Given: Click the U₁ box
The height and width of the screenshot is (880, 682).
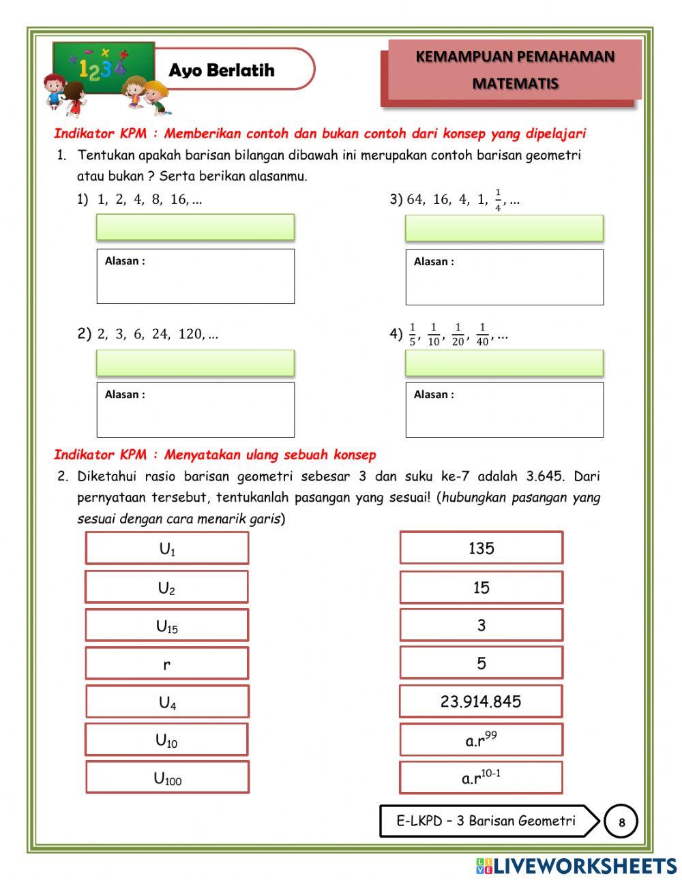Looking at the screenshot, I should [x=167, y=548].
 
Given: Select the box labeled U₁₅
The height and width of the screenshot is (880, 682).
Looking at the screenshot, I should [x=167, y=625].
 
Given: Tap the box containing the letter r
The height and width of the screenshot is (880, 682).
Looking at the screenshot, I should [x=167, y=663].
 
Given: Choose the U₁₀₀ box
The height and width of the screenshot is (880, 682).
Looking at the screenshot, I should [x=167, y=777].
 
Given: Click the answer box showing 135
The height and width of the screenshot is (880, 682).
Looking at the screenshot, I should [x=481, y=548].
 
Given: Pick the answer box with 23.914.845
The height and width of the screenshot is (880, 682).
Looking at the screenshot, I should [x=481, y=701].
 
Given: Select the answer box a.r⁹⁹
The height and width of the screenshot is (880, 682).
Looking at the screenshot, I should [x=481, y=740].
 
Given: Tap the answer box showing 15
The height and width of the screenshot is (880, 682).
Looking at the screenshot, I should [x=481, y=587].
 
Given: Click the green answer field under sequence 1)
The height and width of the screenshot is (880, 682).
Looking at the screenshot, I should [x=195, y=227].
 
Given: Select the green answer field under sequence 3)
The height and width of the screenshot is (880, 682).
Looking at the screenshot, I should [x=504, y=228].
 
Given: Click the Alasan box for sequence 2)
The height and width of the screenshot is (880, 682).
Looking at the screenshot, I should [x=195, y=410].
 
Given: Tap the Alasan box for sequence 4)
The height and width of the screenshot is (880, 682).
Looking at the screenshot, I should [x=504, y=410].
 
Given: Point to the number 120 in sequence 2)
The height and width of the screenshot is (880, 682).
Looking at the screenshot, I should [x=191, y=334].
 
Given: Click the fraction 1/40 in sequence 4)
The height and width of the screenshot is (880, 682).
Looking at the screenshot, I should [x=482, y=335].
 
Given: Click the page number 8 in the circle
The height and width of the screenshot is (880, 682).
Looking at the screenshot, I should [x=621, y=822].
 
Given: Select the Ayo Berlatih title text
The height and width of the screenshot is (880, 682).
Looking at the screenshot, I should [x=222, y=70].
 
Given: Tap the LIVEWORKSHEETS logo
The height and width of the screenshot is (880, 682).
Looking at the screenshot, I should [x=576, y=866].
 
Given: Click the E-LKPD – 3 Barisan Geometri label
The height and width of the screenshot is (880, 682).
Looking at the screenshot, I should [x=486, y=821].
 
